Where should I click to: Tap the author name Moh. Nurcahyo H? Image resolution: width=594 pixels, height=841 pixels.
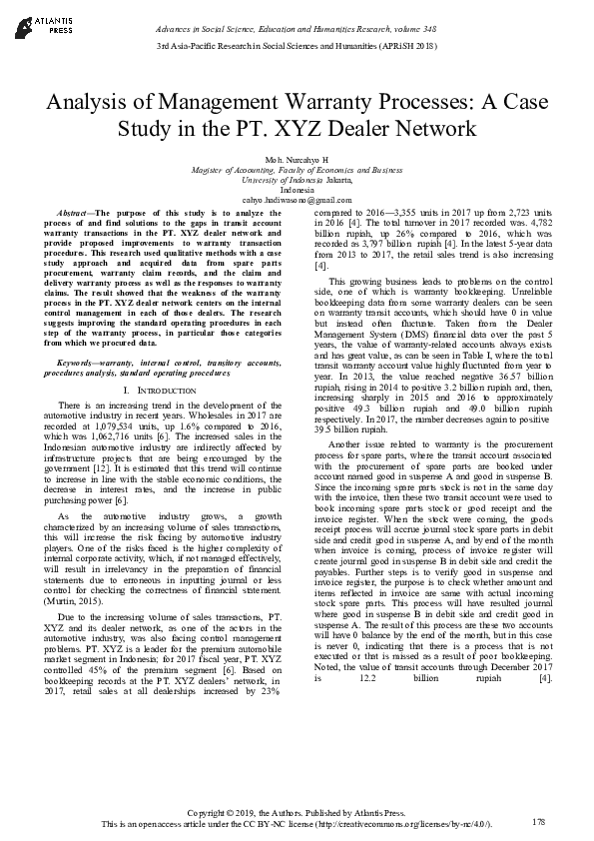click(297, 161)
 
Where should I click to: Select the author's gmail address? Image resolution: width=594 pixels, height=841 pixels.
click(297, 199)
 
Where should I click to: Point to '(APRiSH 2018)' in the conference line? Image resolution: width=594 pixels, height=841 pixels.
click(407, 47)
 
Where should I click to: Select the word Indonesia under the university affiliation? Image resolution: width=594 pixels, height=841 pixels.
click(297, 189)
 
